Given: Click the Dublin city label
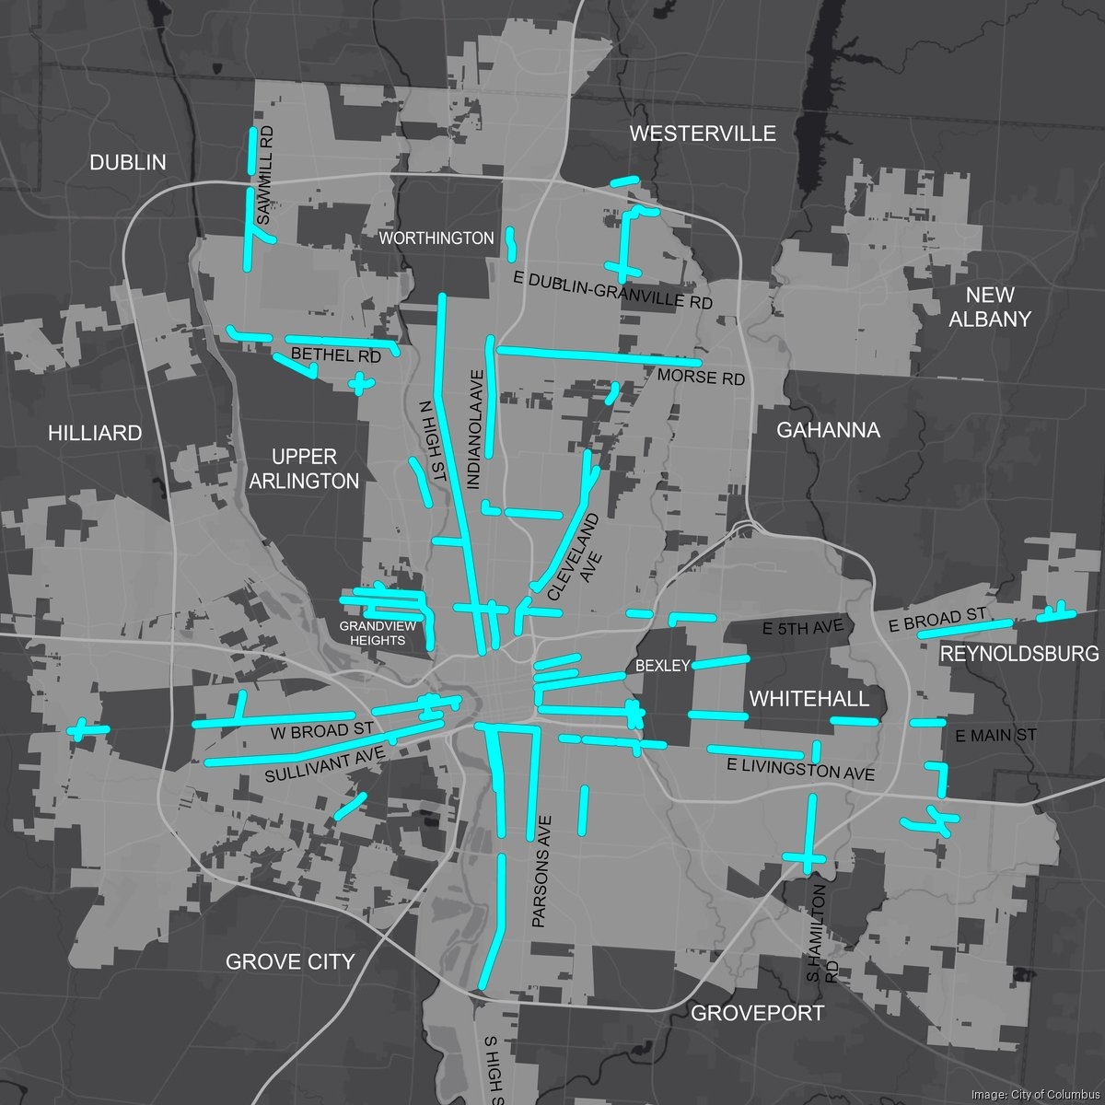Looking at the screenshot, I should coord(128,163).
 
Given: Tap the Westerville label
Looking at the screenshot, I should coord(703,134).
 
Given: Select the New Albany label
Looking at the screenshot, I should coord(990,307).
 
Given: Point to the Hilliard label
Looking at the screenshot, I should coord(96,433).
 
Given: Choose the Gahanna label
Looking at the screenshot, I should coord(829,429).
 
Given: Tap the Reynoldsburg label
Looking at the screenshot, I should coord(1019,654).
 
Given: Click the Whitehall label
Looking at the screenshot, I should coord(809,699).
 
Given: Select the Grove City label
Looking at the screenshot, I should coord(290,962).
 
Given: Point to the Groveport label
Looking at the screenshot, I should coord(757,1014).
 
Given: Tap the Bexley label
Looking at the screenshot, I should coord(662,666).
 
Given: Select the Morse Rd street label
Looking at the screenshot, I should coord(701,378).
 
